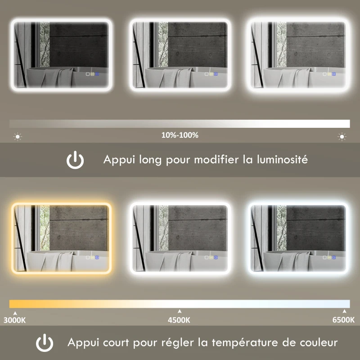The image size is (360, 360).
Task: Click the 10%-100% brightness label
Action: tap(180, 135)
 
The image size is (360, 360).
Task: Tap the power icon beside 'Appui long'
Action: tap(75, 160)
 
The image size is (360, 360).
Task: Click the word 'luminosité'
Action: tap(282, 159)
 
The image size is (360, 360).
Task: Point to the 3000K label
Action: tap(15, 320)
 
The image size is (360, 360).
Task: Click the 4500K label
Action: tap(180, 320)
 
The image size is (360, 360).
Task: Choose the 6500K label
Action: tap(344, 320)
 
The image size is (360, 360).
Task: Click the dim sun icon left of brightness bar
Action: tap(18, 136)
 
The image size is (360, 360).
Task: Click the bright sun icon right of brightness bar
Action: tap(342, 136)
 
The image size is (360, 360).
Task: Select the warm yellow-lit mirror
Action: tap(61, 238)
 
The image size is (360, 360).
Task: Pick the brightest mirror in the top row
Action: tap(299, 55)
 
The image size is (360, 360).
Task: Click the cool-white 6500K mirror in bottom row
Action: tap(299, 238)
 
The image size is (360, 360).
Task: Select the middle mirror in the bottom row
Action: tap(180, 238)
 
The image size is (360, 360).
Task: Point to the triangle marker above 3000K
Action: tap(15, 312)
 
